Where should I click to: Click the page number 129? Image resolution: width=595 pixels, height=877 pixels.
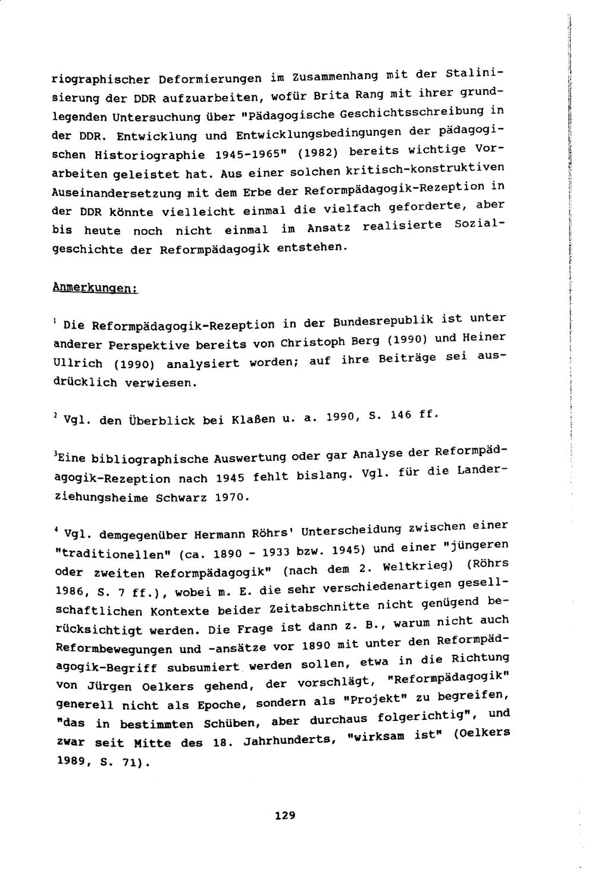[x=285, y=815]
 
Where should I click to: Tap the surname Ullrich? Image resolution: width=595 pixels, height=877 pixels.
[x=77, y=363]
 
